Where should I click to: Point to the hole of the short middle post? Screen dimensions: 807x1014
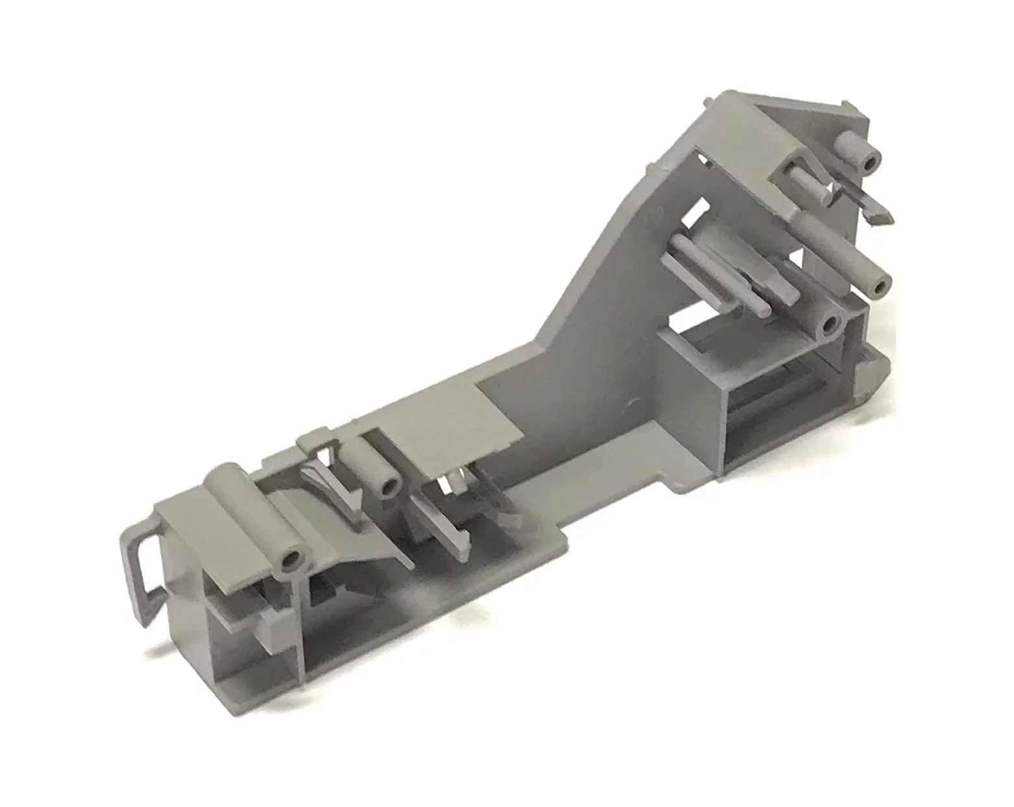point(390,487)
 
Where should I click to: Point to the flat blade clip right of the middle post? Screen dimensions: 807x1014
point(448,525)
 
